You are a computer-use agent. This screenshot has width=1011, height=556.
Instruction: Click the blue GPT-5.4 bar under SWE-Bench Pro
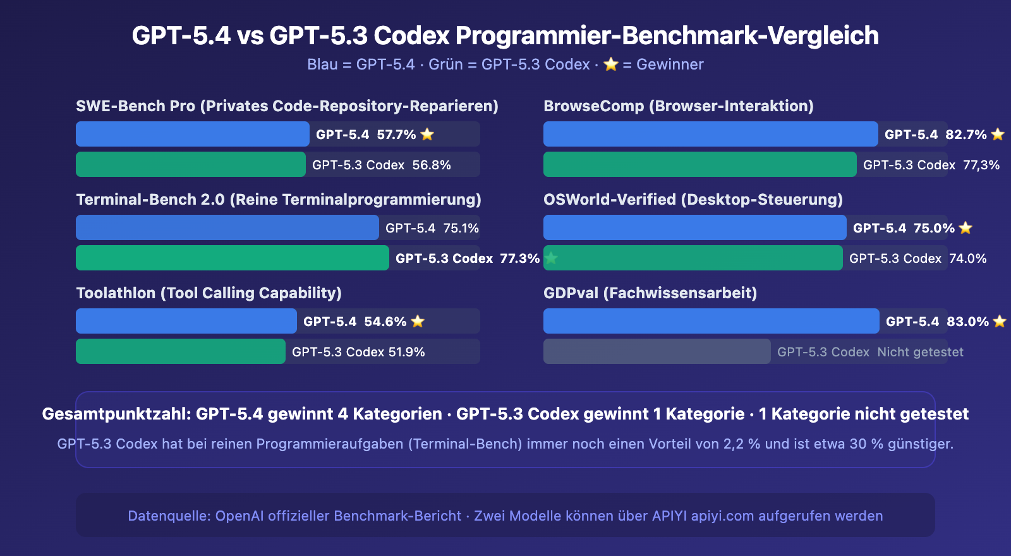coord(193,134)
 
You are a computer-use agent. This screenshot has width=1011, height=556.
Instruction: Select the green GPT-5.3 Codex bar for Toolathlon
coord(181,351)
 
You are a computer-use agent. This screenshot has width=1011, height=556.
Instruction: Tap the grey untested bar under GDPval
coord(657,351)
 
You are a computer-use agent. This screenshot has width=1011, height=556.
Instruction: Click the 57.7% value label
coord(396,135)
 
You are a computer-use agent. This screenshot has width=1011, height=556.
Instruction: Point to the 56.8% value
coord(432,165)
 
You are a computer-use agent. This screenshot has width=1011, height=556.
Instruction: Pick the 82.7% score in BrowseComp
coord(966,135)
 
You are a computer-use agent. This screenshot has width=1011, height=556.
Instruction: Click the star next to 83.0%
coord(1000,322)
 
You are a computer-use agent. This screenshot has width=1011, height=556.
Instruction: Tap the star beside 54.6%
coord(418,322)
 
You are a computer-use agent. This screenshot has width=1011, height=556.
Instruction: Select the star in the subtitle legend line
coord(610,64)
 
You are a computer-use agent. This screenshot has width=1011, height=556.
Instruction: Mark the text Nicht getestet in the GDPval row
coord(920,352)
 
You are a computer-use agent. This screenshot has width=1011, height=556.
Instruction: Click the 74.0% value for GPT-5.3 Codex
coord(967,258)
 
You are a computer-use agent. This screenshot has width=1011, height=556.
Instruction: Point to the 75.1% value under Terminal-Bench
coord(461,228)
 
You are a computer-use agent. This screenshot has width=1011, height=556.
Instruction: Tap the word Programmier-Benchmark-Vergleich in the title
coord(667,35)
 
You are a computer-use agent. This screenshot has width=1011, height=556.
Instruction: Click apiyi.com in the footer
coord(722,516)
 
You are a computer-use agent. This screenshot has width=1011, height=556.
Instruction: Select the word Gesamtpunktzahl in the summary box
coord(116,414)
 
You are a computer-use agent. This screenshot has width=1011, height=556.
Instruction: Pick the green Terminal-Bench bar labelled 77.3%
coord(233,258)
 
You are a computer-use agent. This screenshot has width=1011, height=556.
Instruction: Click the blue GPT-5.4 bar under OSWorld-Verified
coord(695,227)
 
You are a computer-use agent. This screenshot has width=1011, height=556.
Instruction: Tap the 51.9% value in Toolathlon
coord(406,352)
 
